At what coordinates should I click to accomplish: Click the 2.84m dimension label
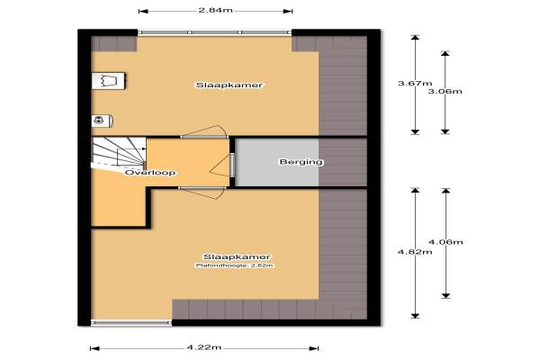click(x=216, y=10)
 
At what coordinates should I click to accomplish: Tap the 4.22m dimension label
click(x=204, y=347)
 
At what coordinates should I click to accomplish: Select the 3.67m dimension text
click(x=415, y=83)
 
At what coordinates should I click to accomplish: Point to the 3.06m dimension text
click(x=445, y=91)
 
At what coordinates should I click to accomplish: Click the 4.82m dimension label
click(x=415, y=252)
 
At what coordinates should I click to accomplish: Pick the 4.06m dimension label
click(x=445, y=242)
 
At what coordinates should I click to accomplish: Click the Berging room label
click(x=301, y=162)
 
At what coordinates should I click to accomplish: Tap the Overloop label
click(x=150, y=172)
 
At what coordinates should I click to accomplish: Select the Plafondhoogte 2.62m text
click(x=235, y=265)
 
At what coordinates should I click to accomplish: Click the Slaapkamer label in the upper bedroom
click(x=229, y=85)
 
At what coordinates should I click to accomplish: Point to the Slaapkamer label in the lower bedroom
click(x=237, y=257)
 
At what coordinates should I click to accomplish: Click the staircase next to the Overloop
click(x=119, y=153)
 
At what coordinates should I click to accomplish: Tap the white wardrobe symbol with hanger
click(x=109, y=81)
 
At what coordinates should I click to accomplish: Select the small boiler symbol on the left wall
click(x=103, y=121)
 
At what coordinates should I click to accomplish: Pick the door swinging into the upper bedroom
click(x=204, y=131)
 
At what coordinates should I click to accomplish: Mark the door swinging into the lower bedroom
click(x=202, y=193)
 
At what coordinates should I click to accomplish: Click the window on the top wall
click(x=215, y=32)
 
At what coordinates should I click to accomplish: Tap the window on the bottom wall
click(x=131, y=323)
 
